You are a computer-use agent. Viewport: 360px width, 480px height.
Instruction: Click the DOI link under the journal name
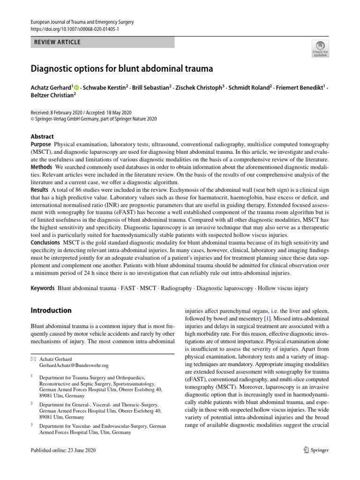click(x=75, y=29)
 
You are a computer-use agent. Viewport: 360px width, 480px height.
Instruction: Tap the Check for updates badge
click(x=321, y=49)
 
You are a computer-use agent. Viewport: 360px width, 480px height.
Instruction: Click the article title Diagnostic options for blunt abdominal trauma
click(x=122, y=68)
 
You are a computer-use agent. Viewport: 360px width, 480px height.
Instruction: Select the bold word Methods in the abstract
click(x=41, y=167)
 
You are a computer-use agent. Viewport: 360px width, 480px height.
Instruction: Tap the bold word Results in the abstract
click(x=39, y=190)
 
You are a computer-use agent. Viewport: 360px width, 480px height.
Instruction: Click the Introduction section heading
click(x=51, y=310)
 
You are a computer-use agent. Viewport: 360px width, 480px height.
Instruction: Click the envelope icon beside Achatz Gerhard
click(x=33, y=359)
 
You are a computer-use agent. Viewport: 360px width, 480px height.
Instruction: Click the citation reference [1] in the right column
click(x=259, y=318)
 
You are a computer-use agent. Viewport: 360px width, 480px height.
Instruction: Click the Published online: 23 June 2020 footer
click(x=63, y=450)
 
